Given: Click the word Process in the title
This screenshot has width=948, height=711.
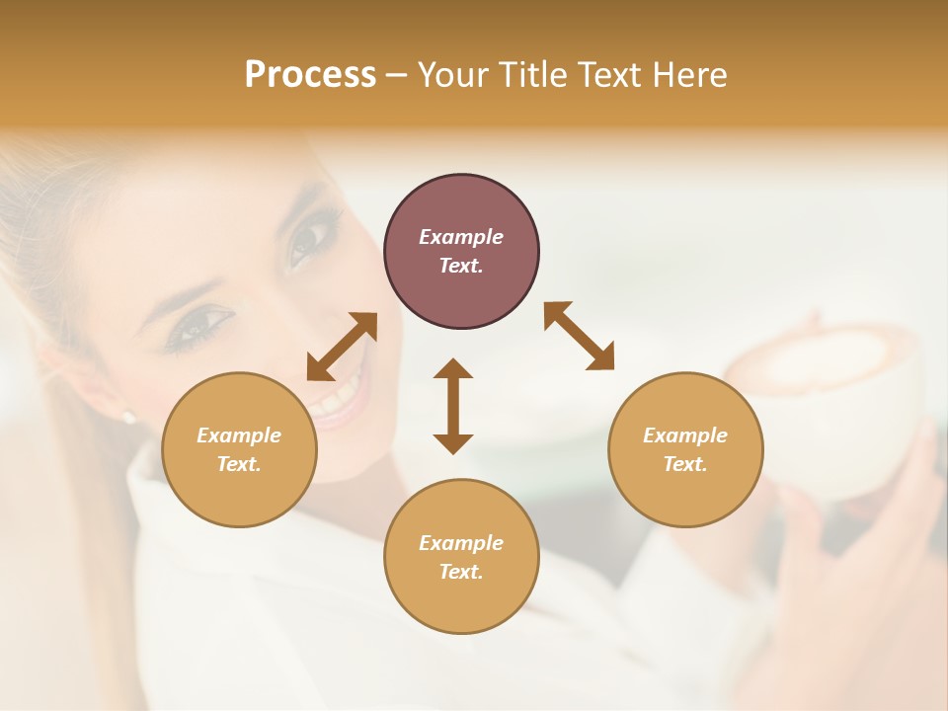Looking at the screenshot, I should [310, 75].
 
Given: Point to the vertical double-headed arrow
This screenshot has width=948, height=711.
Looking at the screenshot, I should [453, 406].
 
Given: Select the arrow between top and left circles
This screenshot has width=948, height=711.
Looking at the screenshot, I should [342, 347].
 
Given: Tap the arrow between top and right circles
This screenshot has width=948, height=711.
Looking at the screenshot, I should [579, 336].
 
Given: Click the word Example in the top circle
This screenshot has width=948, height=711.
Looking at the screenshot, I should [461, 237].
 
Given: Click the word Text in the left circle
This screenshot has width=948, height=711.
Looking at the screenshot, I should [238, 464].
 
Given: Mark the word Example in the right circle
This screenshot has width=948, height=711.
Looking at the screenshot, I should [685, 435].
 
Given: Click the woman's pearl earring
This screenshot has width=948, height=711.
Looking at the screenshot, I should [127, 417].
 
